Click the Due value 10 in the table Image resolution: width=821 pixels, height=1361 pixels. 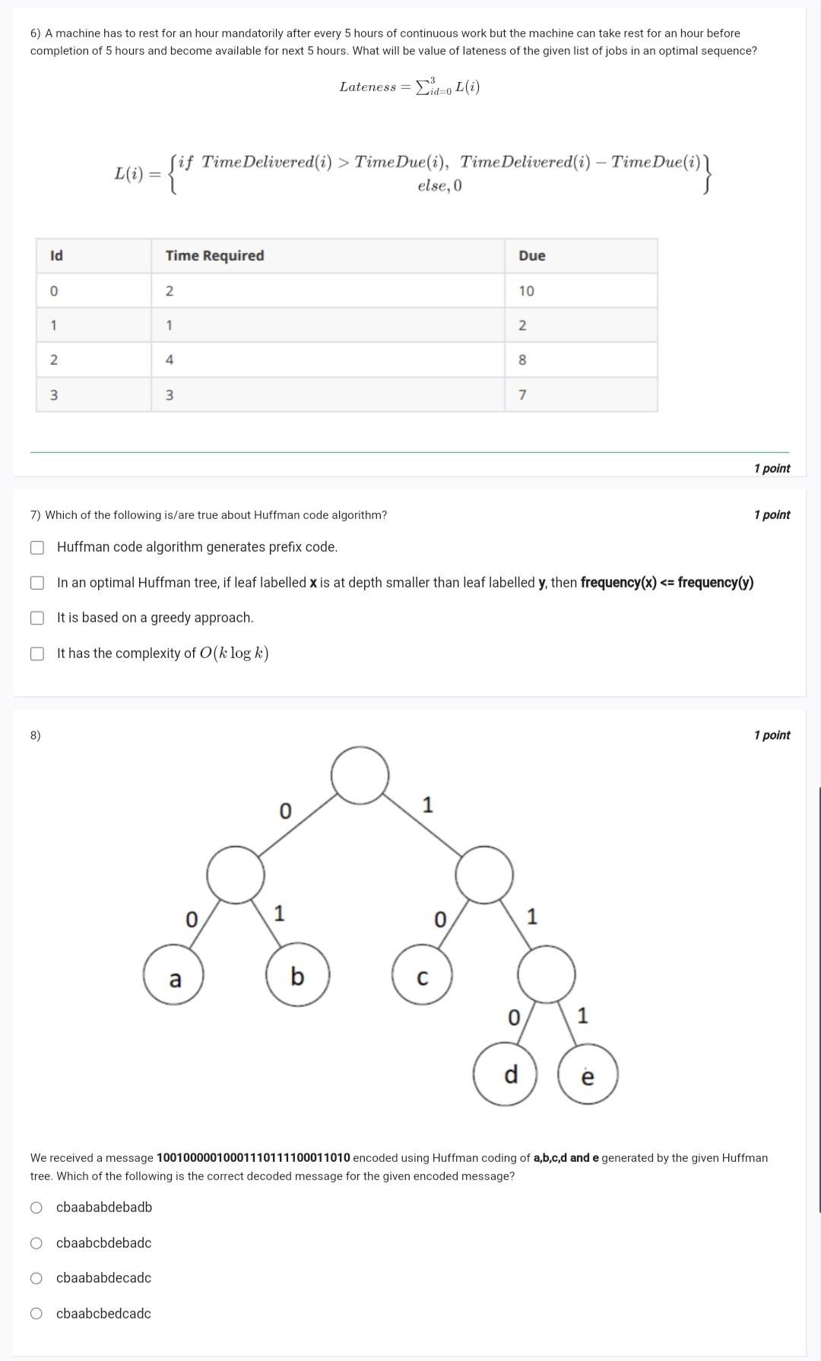[x=526, y=291]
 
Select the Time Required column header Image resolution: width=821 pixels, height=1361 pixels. [x=214, y=256]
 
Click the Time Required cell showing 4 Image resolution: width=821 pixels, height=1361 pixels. [x=170, y=360]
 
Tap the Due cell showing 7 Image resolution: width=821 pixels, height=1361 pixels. [x=522, y=395]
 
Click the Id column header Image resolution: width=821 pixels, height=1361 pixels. [x=56, y=256]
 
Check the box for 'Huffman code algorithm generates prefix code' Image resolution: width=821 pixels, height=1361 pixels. [x=37, y=548]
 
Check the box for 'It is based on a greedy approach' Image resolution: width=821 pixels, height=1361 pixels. [x=37, y=618]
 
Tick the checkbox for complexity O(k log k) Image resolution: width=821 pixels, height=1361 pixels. [x=37, y=654]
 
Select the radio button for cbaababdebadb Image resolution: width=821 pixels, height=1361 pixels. [x=36, y=1207]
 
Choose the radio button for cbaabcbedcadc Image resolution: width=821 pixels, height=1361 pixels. [x=36, y=1314]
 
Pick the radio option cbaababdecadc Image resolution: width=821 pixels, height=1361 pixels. [x=36, y=1278]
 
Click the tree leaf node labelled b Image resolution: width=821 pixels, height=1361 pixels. [x=297, y=975]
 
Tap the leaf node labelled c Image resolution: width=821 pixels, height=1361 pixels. [x=423, y=975]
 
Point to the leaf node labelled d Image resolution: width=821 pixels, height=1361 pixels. [x=506, y=1075]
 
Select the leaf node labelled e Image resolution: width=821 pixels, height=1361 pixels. [x=588, y=1075]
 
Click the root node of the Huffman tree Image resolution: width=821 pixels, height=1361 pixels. [x=360, y=775]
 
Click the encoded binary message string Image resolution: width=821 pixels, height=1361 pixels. [x=253, y=1158]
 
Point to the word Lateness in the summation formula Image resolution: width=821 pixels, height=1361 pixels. [x=368, y=87]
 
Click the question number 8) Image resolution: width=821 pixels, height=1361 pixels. [x=36, y=736]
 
